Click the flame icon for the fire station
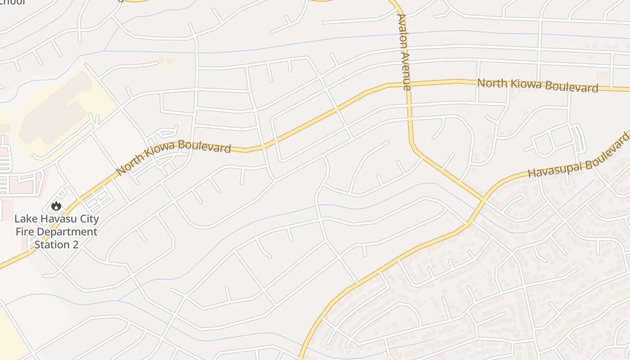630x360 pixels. coord(56,206)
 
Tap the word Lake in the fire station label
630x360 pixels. coord(24,220)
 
